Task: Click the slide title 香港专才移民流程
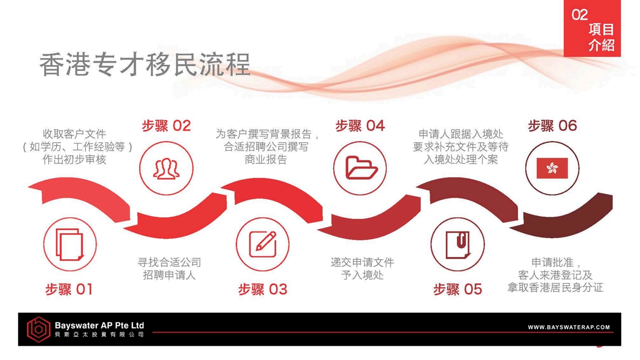(145, 65)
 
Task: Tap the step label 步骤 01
(69, 289)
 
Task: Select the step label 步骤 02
(166, 126)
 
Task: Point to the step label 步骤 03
(263, 289)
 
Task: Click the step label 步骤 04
(360, 126)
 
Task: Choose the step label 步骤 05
(457, 289)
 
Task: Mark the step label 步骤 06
(552, 126)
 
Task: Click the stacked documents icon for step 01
(70, 244)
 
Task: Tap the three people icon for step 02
(166, 168)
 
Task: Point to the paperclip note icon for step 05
(458, 245)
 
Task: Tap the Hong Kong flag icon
(552, 168)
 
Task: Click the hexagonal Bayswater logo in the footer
(39, 329)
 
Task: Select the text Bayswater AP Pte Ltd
(99, 325)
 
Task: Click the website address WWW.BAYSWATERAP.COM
(569, 327)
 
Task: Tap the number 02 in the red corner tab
(580, 15)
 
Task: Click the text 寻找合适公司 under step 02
(169, 262)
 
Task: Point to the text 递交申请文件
(362, 262)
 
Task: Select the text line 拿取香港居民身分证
(555, 287)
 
